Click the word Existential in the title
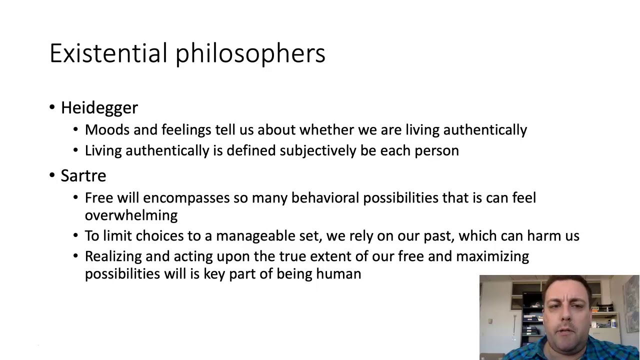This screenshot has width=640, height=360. click(108, 53)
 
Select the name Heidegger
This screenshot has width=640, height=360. click(99, 107)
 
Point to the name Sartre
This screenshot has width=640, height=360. click(83, 175)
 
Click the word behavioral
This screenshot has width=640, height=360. click(325, 198)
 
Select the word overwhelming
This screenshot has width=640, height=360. click(131, 215)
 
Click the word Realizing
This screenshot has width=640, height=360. click(113, 256)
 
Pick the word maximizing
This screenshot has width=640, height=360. click(492, 256)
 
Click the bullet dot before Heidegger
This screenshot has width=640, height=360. click(52, 107)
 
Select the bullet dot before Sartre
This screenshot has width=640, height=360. click(52, 175)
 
